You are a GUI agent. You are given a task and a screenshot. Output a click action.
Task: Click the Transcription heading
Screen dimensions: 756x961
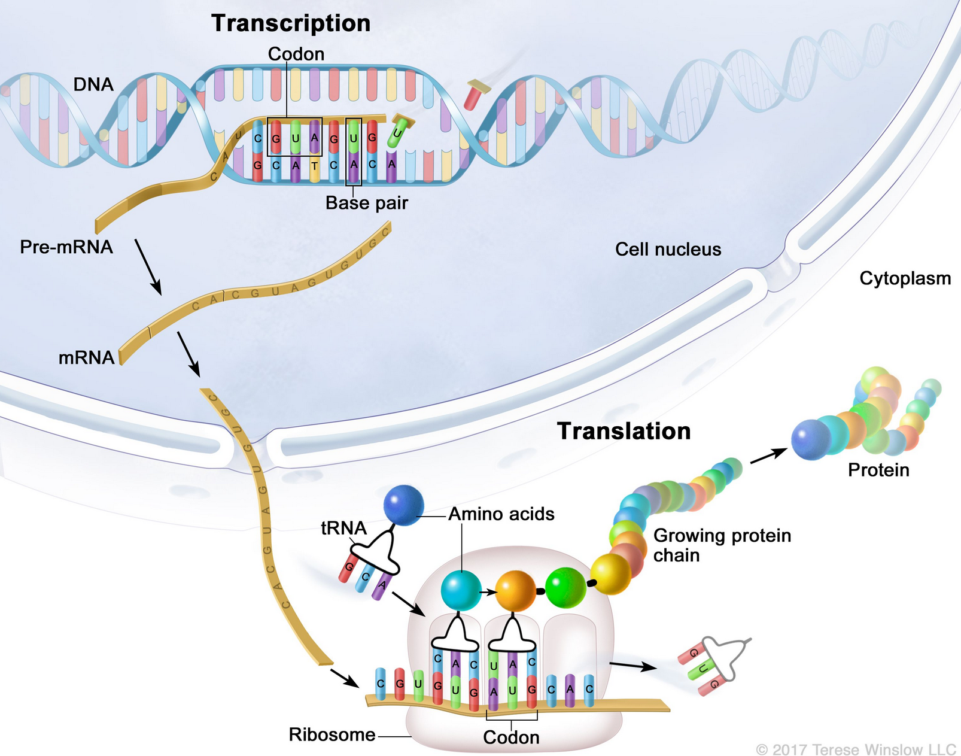tap(291, 23)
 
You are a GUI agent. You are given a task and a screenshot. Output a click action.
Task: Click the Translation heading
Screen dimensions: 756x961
tap(624, 431)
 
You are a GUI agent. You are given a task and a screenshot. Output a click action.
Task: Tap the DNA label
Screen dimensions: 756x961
tap(93, 84)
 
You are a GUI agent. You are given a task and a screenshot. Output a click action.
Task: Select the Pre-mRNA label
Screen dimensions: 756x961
tap(66, 247)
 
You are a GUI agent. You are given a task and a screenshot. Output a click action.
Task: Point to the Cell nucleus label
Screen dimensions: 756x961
tap(668, 249)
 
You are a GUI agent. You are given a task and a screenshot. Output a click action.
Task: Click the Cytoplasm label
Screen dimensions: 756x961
tap(905, 278)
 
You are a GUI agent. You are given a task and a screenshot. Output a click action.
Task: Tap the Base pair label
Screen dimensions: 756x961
tap(366, 203)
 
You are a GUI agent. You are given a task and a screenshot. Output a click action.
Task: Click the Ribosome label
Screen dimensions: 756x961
tap(332, 734)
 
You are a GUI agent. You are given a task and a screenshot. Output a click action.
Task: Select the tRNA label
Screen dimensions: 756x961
tap(343, 528)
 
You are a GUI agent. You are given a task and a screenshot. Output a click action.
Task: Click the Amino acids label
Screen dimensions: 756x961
tap(501, 514)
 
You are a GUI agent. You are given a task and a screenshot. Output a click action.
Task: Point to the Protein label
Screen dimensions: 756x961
tap(878, 470)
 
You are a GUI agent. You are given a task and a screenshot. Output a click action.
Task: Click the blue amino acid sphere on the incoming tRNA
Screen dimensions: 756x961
tap(404, 505)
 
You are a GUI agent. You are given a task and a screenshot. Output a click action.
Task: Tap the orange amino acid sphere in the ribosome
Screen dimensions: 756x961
tap(515, 590)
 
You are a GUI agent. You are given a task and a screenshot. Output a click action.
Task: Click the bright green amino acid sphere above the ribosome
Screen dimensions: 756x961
tap(565, 588)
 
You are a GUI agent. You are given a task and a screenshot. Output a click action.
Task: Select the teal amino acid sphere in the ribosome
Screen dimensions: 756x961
tap(461, 590)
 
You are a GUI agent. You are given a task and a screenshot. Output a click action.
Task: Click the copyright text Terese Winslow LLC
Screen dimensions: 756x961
tap(856, 749)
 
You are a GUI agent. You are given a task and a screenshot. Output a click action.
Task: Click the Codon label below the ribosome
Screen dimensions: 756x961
tap(511, 737)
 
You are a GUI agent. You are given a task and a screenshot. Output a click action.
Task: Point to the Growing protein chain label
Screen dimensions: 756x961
tap(722, 545)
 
